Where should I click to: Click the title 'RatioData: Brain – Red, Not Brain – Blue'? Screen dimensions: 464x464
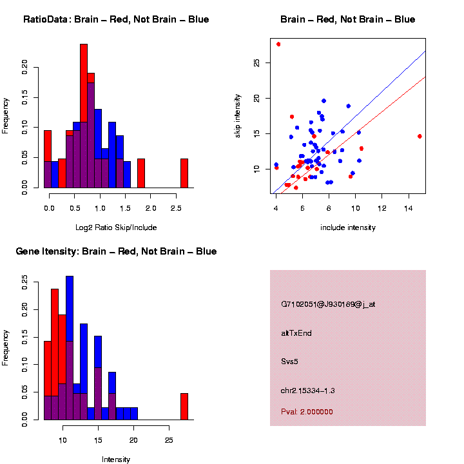pos(116,19)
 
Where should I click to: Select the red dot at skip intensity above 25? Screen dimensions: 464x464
pos(278,44)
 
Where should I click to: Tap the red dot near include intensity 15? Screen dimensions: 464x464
pos(420,136)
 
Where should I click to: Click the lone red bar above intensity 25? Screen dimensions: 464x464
pos(184,406)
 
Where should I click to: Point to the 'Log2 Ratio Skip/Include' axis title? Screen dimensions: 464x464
pos(115,227)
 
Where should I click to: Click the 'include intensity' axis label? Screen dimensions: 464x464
pos(347,227)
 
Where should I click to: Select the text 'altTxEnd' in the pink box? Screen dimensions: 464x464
pos(296,333)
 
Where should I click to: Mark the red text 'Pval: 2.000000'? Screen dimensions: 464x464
pos(307,411)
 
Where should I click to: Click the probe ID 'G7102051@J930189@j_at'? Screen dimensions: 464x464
pos(327,304)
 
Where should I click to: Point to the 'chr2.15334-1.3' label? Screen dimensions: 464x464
pos(307,391)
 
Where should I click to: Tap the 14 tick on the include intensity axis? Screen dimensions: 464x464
pos(408,208)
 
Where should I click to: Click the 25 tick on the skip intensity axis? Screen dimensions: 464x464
pos(256,63)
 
